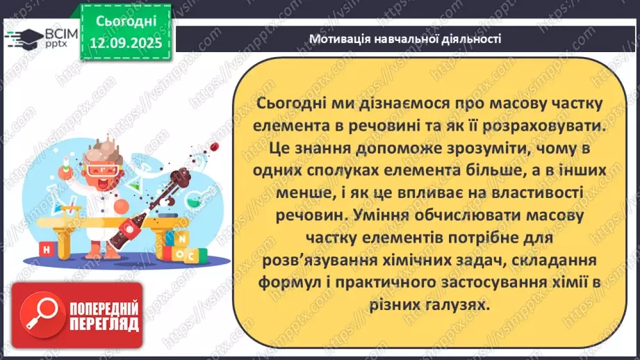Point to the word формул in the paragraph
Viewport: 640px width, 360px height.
287,283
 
